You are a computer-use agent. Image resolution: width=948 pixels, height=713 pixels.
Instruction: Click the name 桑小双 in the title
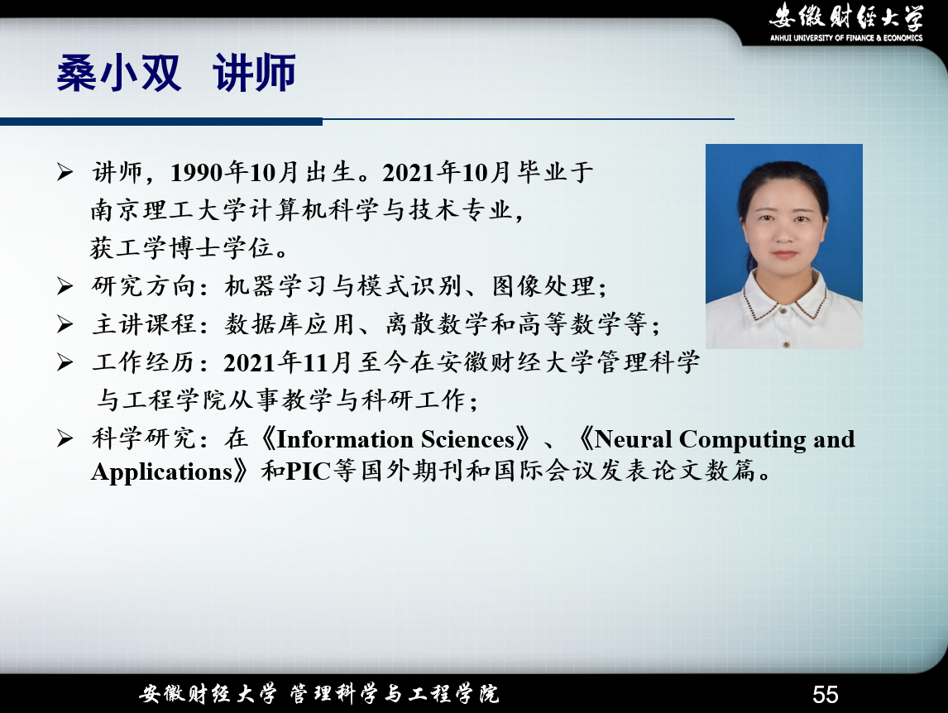point(118,73)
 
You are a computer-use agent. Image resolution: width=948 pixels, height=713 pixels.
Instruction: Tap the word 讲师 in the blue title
point(255,73)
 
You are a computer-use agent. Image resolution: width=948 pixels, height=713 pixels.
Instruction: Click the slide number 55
point(826,694)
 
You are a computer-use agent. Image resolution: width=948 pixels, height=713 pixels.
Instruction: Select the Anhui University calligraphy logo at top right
point(845,17)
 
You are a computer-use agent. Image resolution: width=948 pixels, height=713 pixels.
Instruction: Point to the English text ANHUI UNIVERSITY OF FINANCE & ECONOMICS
point(845,37)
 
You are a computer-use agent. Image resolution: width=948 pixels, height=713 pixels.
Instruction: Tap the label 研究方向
point(143,286)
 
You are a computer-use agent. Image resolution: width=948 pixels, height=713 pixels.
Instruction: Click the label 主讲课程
point(143,324)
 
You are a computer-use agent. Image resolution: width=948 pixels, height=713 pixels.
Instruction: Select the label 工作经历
point(143,362)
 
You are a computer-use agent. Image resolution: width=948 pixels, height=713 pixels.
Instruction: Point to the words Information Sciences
point(395,439)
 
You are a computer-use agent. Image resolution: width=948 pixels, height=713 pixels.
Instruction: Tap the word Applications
point(162,471)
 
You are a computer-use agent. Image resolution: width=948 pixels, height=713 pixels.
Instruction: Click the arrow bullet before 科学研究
point(65,438)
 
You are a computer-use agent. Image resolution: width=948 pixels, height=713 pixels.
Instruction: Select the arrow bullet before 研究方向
point(65,285)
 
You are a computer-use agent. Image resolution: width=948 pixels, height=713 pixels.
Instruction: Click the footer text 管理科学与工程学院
point(395,694)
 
